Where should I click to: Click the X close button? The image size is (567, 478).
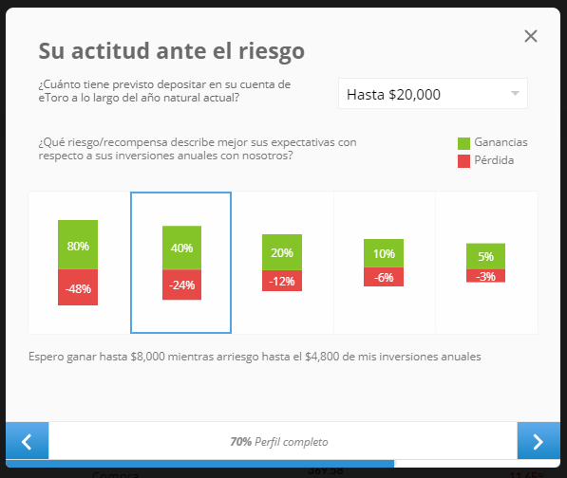point(531,36)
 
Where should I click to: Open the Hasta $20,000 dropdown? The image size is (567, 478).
point(433,94)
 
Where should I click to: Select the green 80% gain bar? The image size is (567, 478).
point(78,245)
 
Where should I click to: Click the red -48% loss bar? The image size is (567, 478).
point(78,287)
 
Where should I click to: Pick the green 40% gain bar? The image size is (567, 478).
point(182,248)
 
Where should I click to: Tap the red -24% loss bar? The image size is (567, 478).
point(182,285)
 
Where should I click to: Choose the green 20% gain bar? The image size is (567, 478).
point(282,252)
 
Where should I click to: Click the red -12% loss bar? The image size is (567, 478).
point(282,281)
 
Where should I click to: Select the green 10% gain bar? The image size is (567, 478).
point(384,253)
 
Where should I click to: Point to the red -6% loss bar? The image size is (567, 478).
point(384,277)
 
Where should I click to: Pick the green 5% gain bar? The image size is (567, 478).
point(485,256)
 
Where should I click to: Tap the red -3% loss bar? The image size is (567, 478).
point(485,276)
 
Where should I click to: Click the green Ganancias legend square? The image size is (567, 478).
point(463,143)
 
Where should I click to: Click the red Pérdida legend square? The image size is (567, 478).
point(463,161)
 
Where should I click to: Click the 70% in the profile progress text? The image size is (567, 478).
point(241,442)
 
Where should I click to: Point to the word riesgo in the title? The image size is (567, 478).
point(272,51)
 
